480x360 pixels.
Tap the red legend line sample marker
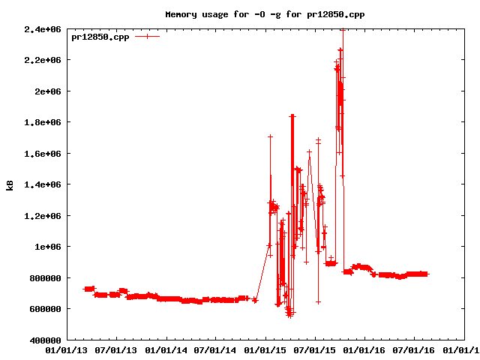tap(147, 36)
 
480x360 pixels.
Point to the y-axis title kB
tap(10, 184)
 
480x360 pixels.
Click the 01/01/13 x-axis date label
tap(67, 349)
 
